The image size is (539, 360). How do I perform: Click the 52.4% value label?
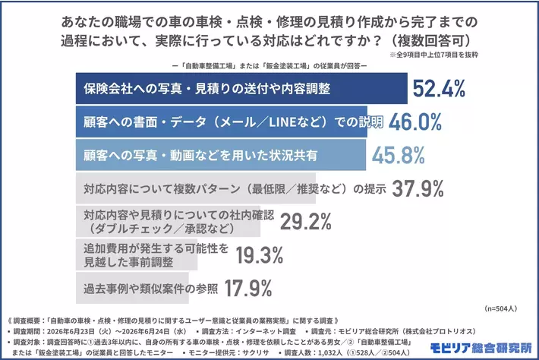[439, 89]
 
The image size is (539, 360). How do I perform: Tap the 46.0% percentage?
[415, 122]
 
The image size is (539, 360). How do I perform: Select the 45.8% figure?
[399, 155]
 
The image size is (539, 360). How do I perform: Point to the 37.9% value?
[418, 188]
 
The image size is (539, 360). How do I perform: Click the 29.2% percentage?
[306, 222]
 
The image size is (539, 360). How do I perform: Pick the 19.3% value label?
[260, 255]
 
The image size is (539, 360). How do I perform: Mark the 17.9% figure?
[248, 288]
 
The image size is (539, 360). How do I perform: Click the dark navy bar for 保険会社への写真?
[241, 88]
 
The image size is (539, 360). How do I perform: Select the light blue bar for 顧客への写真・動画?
[221, 155]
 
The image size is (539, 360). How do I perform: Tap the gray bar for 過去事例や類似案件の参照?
[132, 288]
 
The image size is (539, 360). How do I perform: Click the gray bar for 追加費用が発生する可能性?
[137, 254]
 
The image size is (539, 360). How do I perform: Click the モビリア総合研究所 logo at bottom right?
[481, 348]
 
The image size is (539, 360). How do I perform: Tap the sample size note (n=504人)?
[500, 309]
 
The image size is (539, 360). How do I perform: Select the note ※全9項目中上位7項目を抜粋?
[433, 55]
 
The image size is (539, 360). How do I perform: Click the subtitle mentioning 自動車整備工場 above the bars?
[269, 65]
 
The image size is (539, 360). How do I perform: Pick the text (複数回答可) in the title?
[433, 40]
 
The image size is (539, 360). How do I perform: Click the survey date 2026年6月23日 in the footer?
[71, 331]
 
